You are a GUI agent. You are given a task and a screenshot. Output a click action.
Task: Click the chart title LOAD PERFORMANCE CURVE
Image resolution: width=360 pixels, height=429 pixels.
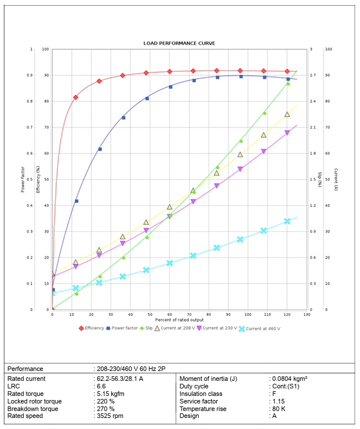coord(180,43)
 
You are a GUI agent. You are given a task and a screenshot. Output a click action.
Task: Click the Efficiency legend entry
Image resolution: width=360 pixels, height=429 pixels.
coord(94,328)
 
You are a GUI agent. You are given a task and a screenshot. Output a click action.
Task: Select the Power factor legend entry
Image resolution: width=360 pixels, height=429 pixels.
coord(125,328)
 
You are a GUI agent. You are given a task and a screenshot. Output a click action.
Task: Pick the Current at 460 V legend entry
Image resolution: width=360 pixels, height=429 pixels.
coord(263,328)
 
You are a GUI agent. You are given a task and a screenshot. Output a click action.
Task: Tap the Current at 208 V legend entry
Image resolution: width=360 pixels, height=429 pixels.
coord(177,328)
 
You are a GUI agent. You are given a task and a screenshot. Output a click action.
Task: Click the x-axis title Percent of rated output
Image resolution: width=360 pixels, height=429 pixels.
coord(179,320)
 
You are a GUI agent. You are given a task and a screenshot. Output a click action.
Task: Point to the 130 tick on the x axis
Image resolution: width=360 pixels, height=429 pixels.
coord(307,314)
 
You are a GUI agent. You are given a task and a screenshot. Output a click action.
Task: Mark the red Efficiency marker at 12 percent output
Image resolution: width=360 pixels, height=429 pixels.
coord(76,97)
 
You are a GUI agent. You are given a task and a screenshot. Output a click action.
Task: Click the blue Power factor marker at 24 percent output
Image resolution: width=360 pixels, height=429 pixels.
coord(100,149)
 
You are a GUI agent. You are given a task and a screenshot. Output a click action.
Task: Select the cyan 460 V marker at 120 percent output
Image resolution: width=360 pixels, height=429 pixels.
coord(287,221)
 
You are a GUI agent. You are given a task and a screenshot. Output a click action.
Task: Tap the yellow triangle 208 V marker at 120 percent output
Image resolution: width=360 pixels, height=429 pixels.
coord(287,115)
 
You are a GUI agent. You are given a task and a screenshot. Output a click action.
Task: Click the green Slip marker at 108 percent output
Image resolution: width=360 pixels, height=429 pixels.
coord(264,113)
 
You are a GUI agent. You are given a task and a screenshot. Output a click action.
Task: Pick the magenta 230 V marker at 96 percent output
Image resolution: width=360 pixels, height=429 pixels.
coord(240,169)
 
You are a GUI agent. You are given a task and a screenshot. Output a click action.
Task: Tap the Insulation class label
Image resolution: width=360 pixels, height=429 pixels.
coord(202,394)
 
